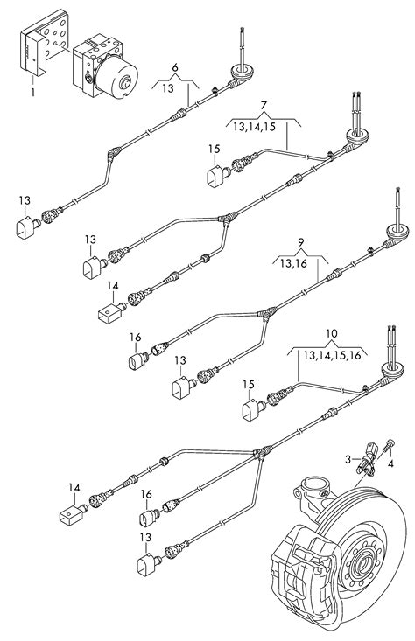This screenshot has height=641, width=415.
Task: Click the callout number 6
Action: [175, 67]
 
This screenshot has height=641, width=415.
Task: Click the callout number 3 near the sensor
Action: [347, 458]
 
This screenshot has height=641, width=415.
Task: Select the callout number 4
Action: [391, 463]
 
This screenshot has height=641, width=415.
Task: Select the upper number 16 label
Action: [136, 337]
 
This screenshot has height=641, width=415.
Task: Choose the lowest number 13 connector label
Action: [144, 538]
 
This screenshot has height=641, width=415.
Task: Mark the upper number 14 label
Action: [111, 285]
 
